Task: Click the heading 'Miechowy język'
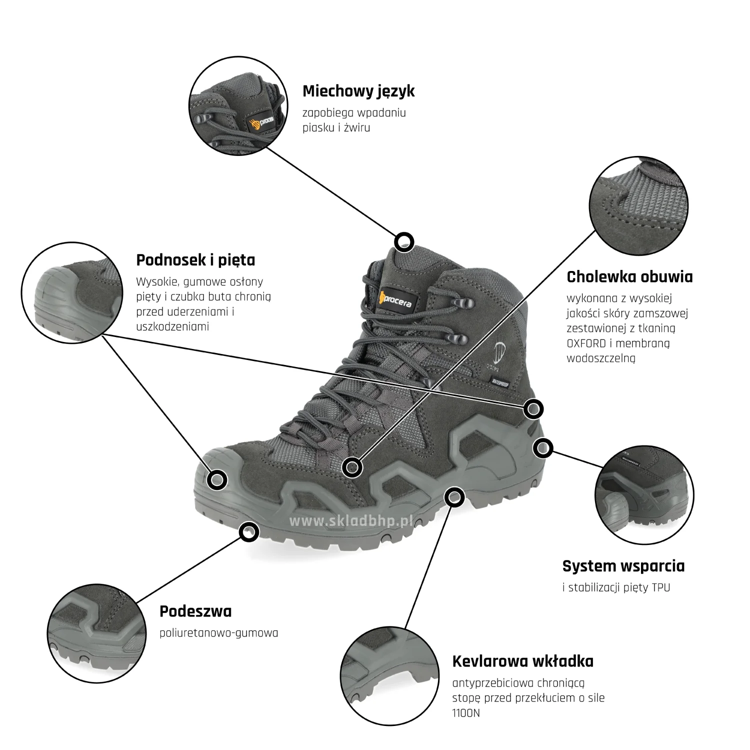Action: point(358,91)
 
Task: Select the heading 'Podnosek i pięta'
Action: point(195,260)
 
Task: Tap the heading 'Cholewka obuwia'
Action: point(629,277)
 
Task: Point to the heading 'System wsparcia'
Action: point(623,566)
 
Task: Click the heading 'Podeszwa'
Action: point(195,611)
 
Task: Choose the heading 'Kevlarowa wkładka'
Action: point(522,661)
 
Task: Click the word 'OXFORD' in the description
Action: point(586,343)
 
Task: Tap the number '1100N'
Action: point(466,713)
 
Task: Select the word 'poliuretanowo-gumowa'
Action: point(218,633)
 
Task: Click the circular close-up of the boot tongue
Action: point(238,106)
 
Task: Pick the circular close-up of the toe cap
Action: point(72,293)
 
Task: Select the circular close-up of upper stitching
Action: point(638,205)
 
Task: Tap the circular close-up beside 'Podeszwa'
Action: point(97,633)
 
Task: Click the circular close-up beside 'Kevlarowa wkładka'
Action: point(389,676)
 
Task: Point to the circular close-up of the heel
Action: point(644,495)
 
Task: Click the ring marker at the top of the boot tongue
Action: point(404,242)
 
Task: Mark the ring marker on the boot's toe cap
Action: point(217,480)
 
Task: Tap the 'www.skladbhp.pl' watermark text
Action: point(351,521)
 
